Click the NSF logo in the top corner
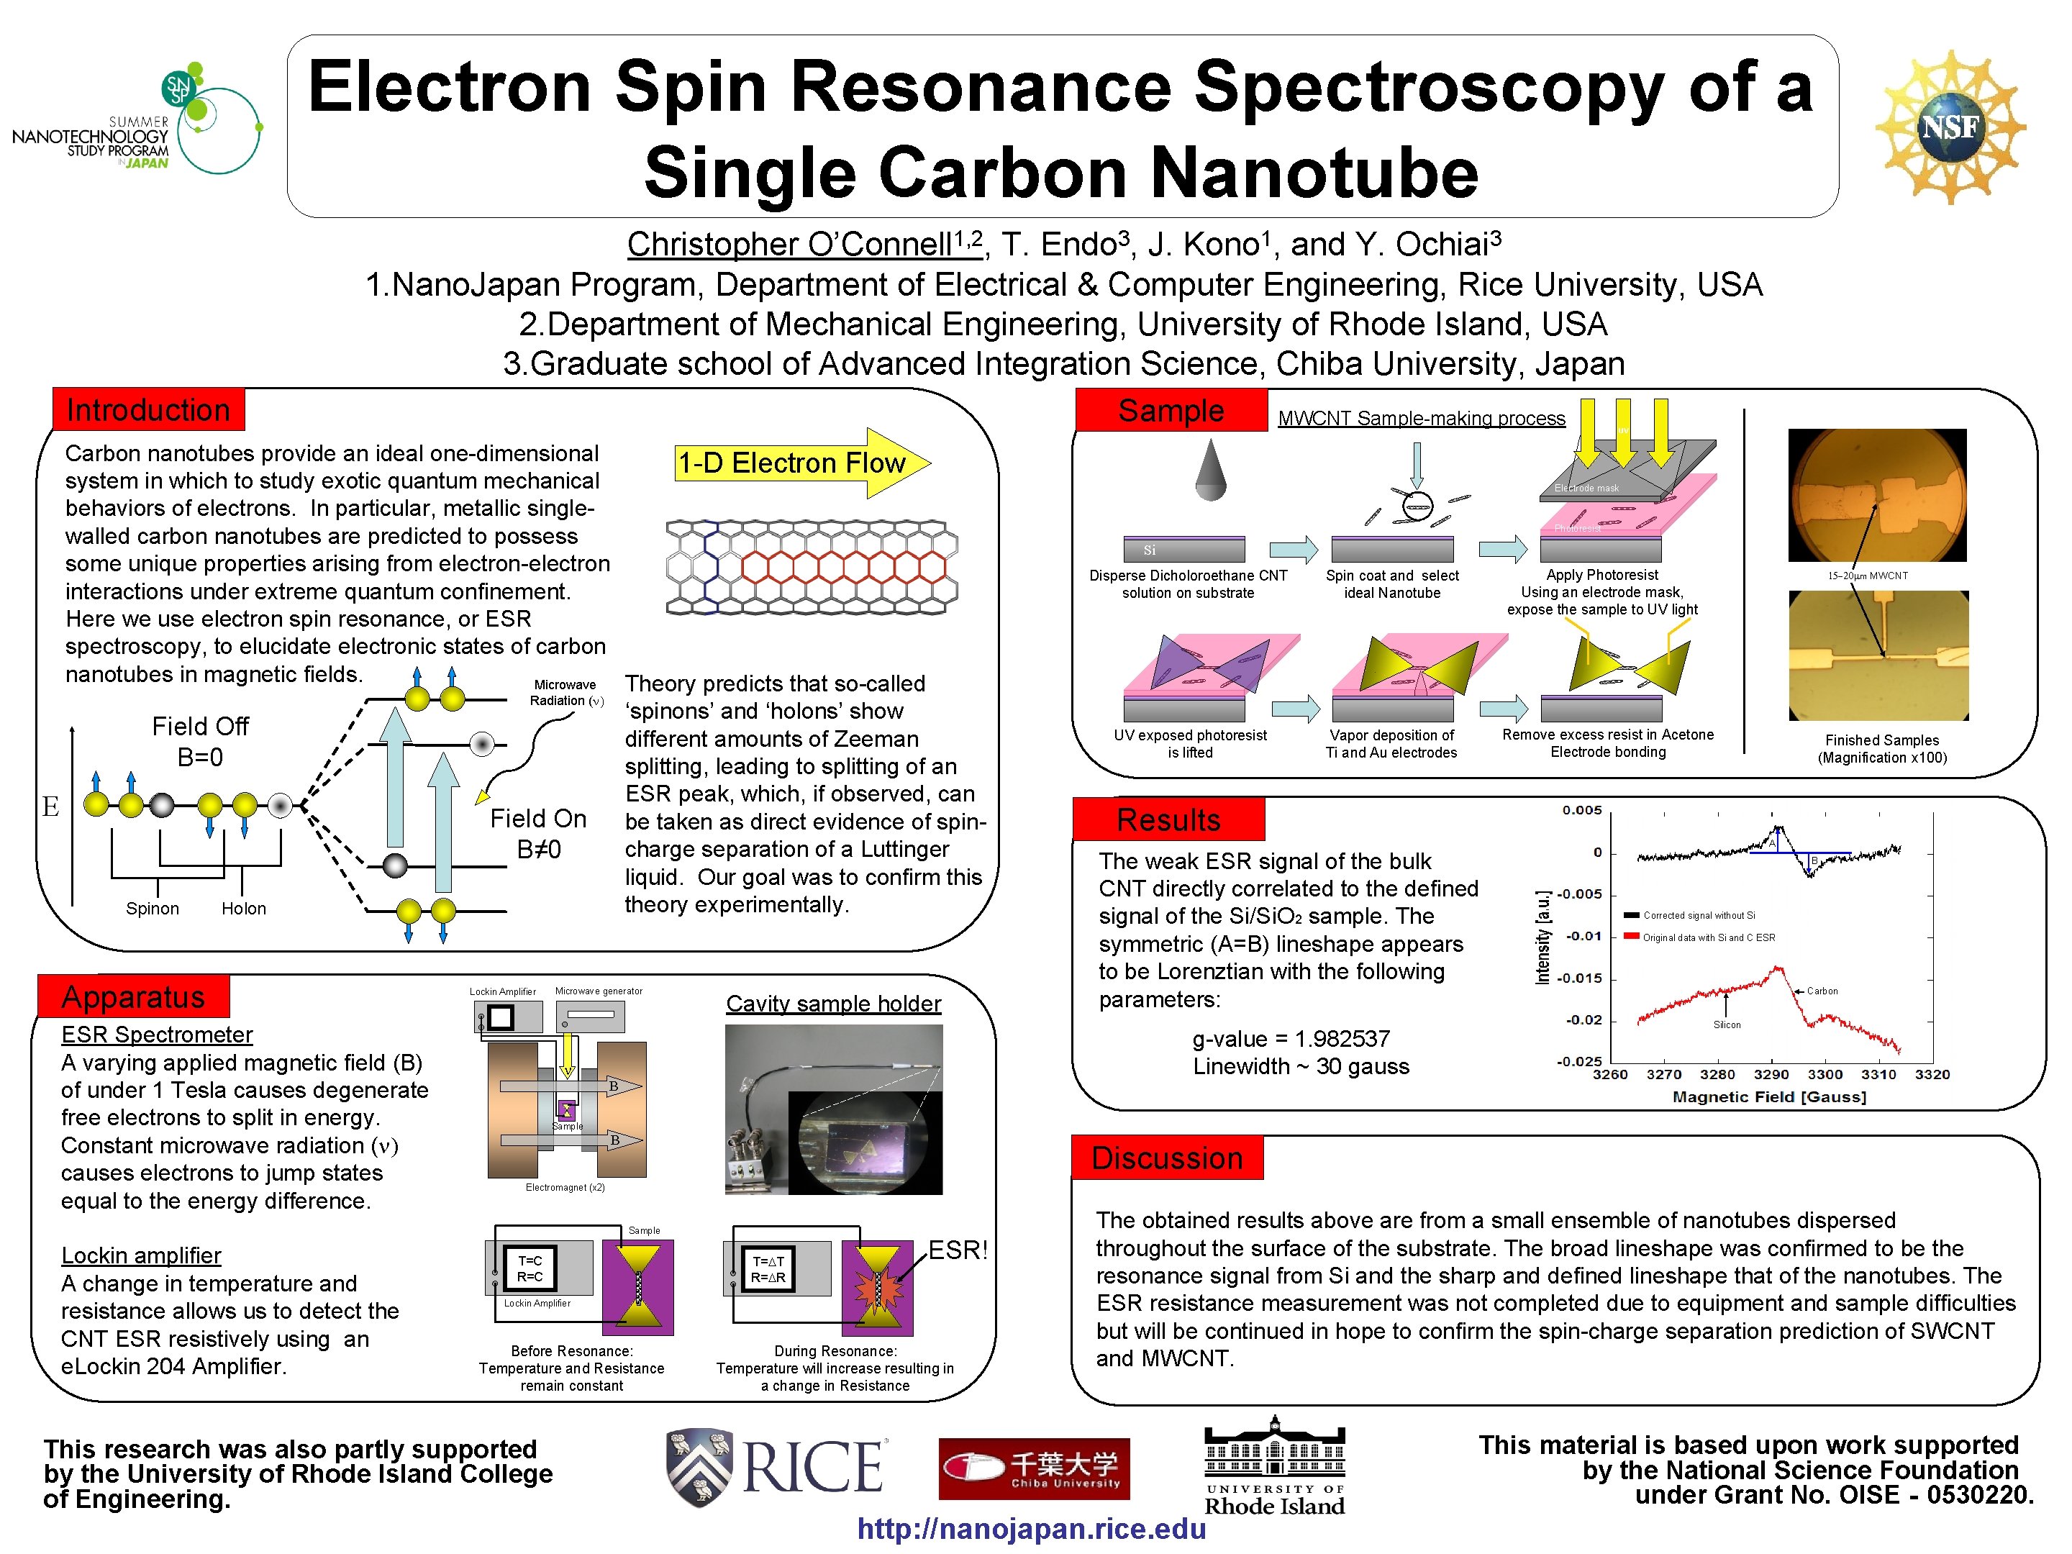pyautogui.click(x=1950, y=127)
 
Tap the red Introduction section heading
pyautogui.click(x=148, y=409)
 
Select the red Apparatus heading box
pyautogui.click(x=133, y=996)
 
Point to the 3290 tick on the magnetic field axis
pyautogui.click(x=1771, y=1074)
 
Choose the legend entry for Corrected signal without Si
pyautogui.click(x=1697, y=915)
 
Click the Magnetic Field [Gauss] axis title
pyautogui.click(x=1768, y=1097)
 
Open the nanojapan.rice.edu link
pyautogui.click(x=1031, y=1529)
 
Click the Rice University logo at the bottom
pyautogui.click(x=776, y=1467)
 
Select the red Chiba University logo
pyautogui.click(x=1034, y=1468)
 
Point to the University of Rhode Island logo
pyautogui.click(x=1274, y=1467)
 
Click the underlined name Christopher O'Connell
pyautogui.click(x=803, y=245)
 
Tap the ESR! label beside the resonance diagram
pyautogui.click(x=958, y=1250)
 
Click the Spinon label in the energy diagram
pyautogui.click(x=153, y=909)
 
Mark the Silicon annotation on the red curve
pyautogui.click(x=1727, y=1024)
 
